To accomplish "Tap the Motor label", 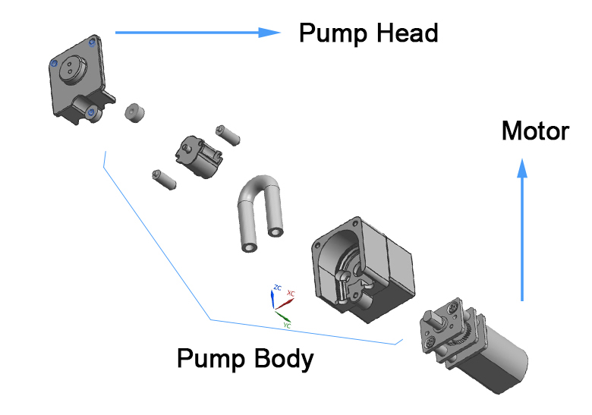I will point(535,131).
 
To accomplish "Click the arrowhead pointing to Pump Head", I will point(269,32).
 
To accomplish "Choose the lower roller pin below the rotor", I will point(164,179).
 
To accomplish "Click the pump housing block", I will point(364,266).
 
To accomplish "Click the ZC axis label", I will point(277,288).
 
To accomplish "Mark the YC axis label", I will point(286,325).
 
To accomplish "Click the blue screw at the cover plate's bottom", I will point(91,113).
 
